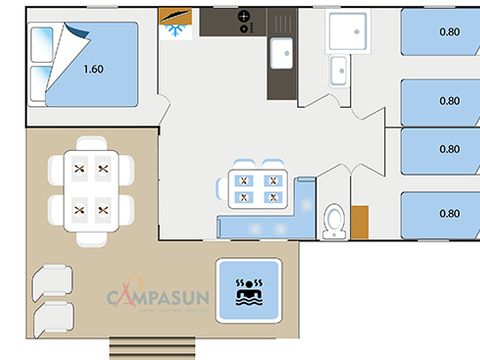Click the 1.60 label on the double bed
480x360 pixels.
93,70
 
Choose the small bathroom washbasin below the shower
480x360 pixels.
340,69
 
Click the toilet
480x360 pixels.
334,221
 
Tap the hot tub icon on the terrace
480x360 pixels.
247,290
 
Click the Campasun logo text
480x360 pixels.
160,298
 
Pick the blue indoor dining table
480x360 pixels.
257,188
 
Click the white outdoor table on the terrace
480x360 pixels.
91,189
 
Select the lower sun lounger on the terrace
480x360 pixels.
52,321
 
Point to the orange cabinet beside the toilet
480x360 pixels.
359,221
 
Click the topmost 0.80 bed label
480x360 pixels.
449,32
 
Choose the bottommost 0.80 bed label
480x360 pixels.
449,213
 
